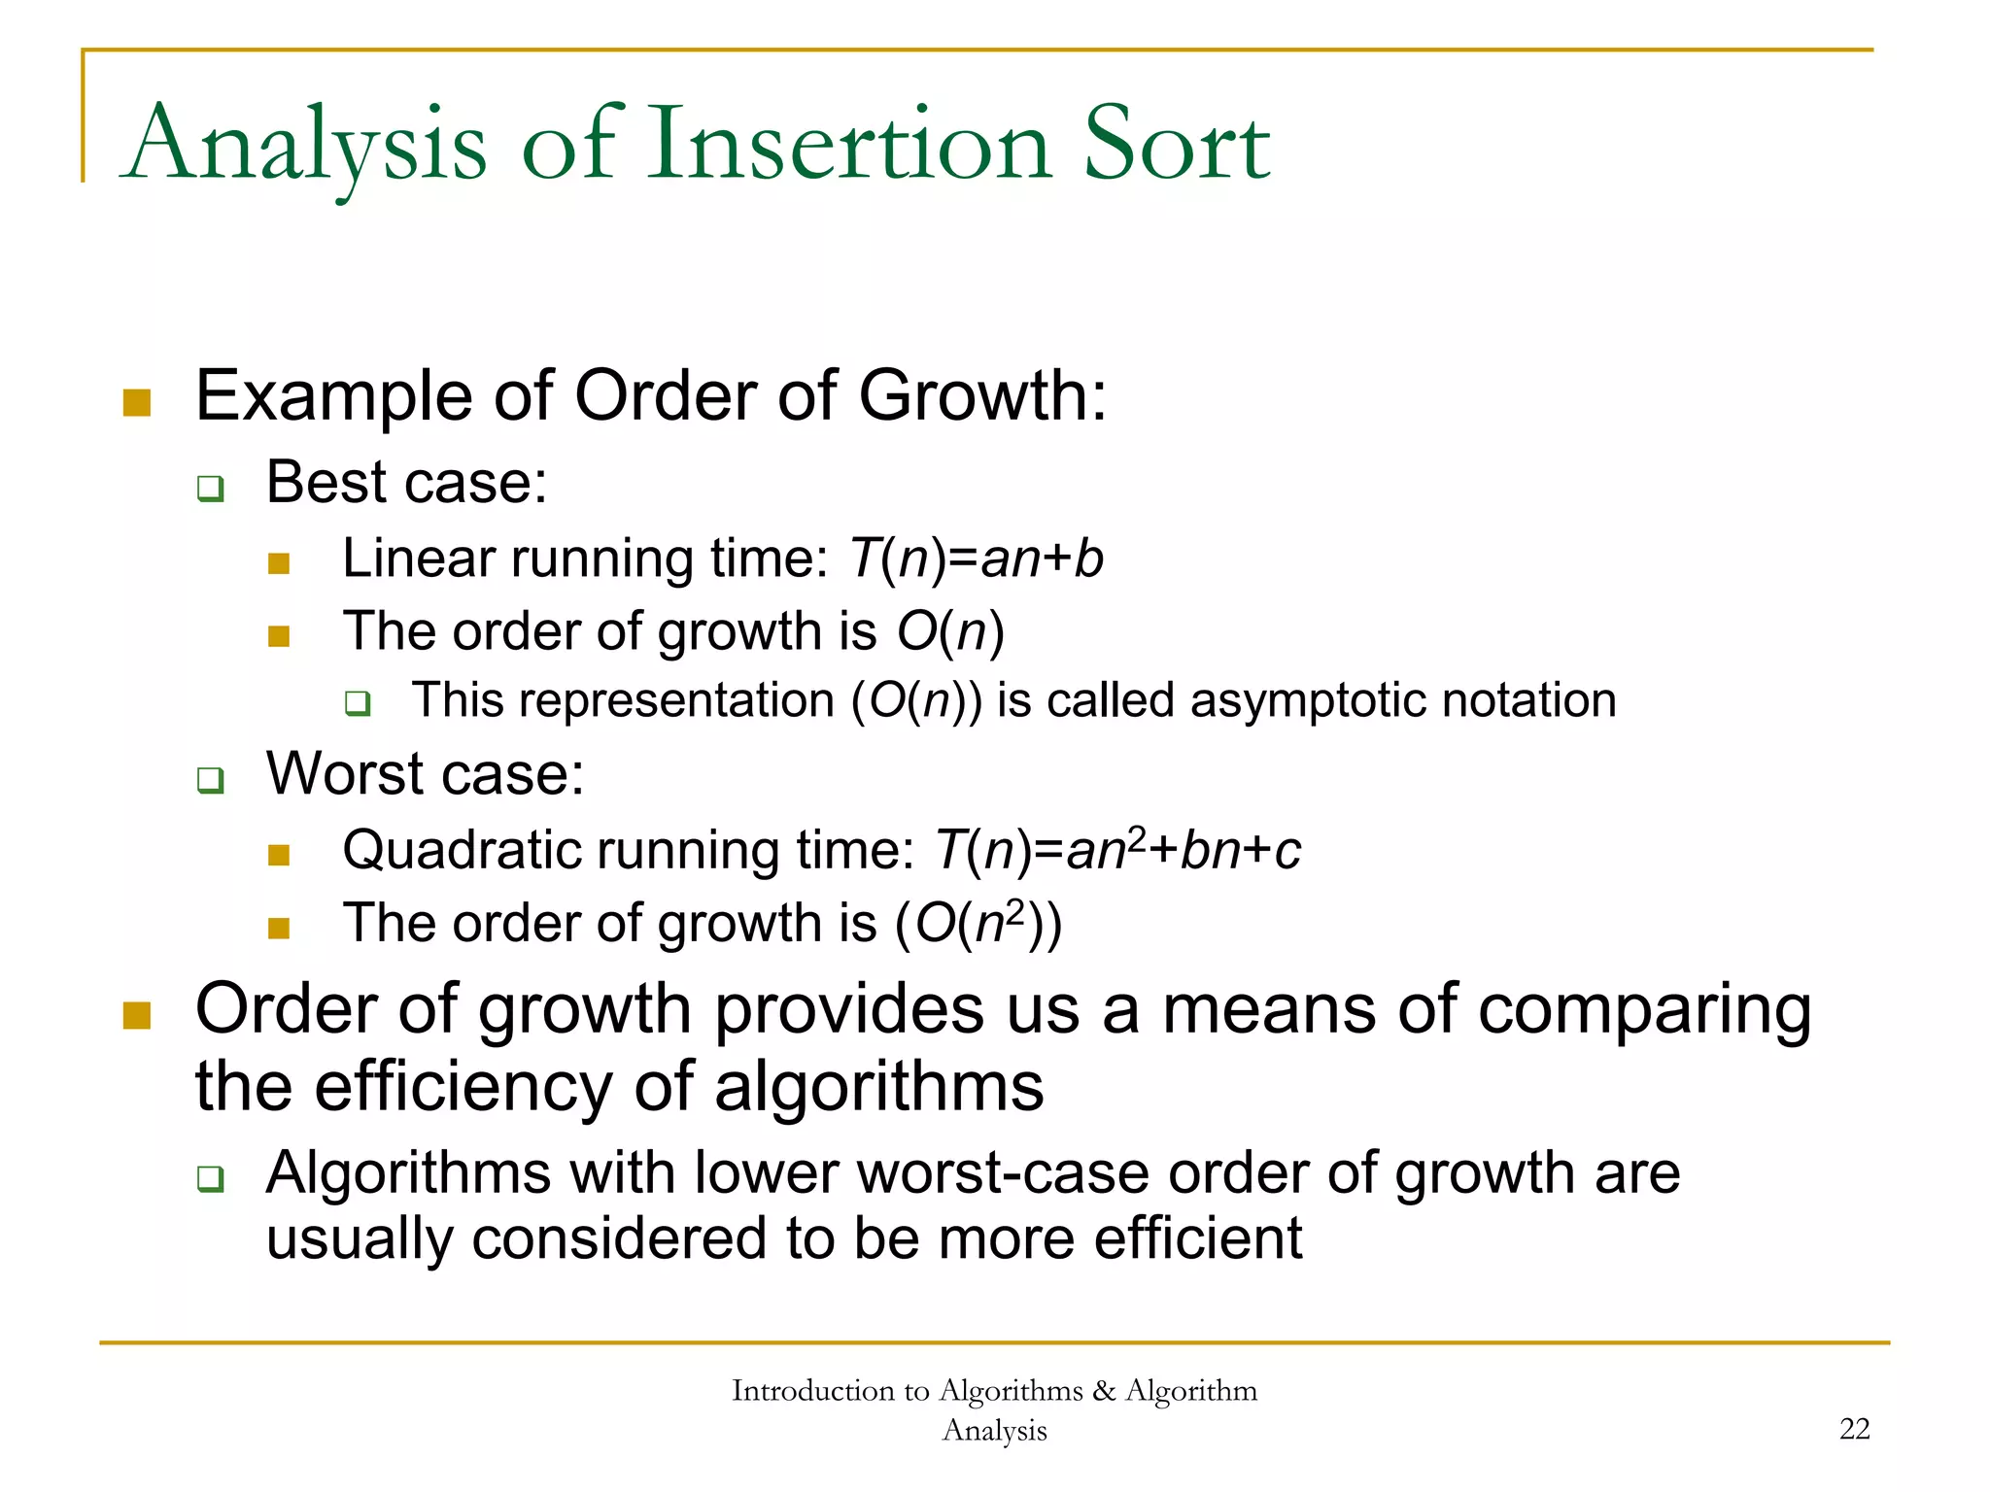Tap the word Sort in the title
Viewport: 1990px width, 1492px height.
(x=1176, y=146)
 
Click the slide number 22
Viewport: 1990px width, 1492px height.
(x=1854, y=1429)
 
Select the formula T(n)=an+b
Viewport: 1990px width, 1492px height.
(x=976, y=559)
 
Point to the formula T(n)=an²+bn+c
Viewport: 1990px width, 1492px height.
(x=1116, y=851)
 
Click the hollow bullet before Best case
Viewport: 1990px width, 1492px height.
(x=210, y=488)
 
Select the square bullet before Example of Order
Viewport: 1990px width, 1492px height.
(x=137, y=402)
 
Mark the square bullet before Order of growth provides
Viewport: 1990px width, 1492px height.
(x=137, y=1015)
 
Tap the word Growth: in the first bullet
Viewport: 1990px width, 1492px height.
(x=981, y=396)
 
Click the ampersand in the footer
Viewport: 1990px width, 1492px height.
(x=1104, y=1391)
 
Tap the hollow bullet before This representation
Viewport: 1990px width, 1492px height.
(x=358, y=703)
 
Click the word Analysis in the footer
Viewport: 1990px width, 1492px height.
(x=994, y=1431)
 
